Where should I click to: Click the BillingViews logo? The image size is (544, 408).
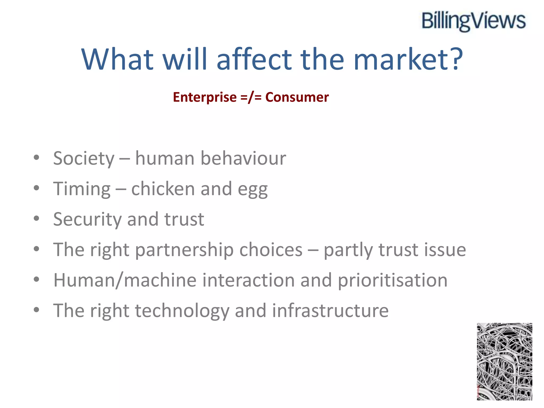[x=473, y=21]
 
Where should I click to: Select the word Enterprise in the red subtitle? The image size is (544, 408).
[x=205, y=97]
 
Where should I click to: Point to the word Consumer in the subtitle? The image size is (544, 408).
[x=297, y=97]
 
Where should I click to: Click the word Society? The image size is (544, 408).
[x=84, y=158]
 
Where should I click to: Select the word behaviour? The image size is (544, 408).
[x=243, y=158]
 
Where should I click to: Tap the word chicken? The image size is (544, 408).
[x=163, y=189]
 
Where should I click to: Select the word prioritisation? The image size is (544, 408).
[x=393, y=280]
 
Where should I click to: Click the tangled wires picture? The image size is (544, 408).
[x=504, y=362]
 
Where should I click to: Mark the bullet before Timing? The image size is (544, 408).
[x=36, y=188]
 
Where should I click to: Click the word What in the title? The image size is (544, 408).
[x=118, y=59]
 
